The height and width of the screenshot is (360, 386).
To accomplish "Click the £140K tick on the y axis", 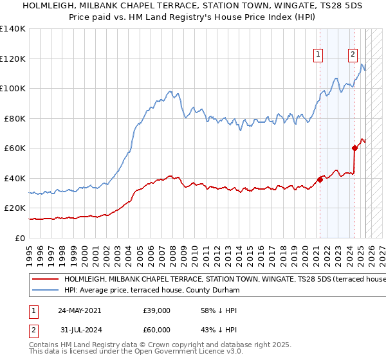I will click(x=13, y=29).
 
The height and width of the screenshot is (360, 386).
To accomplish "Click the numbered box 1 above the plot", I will click(x=318, y=55).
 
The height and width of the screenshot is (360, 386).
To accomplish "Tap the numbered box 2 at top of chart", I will click(x=353, y=55).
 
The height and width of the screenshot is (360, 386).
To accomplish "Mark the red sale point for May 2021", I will click(x=320, y=180).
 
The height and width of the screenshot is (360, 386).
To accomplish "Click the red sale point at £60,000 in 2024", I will click(x=354, y=148).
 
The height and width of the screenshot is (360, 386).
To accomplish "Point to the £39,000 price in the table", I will click(x=157, y=310).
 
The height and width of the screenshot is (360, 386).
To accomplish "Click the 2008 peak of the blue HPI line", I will click(x=169, y=91).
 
